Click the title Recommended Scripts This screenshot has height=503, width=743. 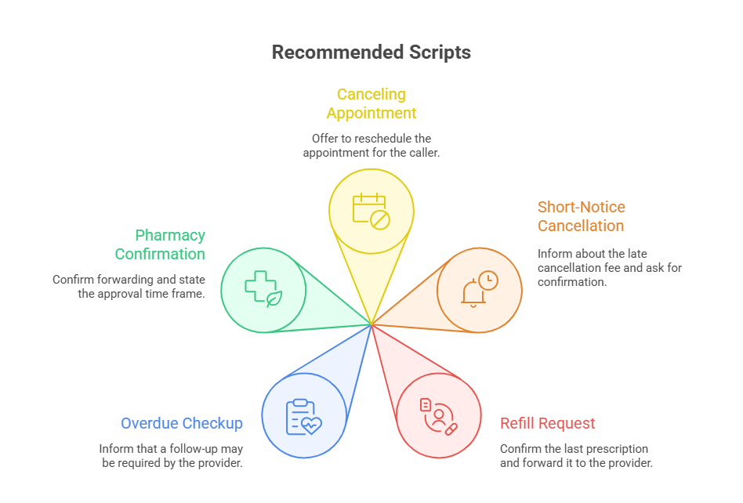(371, 52)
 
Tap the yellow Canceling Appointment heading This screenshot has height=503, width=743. (371, 103)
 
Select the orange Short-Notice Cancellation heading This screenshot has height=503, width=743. (581, 216)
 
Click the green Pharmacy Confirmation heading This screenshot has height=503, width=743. (160, 244)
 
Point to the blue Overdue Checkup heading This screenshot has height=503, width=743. (181, 423)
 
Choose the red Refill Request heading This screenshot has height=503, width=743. (548, 423)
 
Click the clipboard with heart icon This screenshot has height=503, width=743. (303, 417)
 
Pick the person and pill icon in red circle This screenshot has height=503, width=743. (438, 416)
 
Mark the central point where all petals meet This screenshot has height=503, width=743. (371, 324)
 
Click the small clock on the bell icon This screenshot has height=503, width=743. (488, 280)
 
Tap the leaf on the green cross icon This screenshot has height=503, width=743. (274, 299)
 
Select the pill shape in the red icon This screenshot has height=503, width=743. (451, 429)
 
